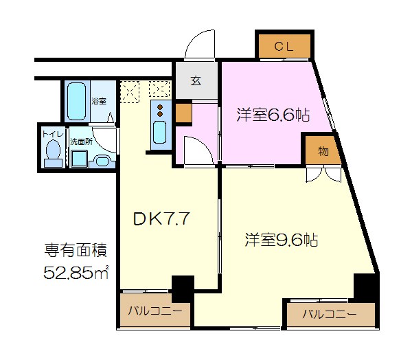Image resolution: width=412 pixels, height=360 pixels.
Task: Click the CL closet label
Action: [x=284, y=47]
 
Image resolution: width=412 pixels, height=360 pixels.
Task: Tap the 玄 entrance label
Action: [x=195, y=81]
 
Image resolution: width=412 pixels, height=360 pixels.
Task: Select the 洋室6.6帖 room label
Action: [x=273, y=115]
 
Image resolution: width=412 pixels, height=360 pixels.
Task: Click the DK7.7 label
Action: [x=161, y=219]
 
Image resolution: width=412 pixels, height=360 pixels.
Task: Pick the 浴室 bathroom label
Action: [x=99, y=101]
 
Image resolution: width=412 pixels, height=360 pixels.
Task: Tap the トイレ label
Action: [x=51, y=135]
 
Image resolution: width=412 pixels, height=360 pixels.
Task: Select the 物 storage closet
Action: [x=322, y=150]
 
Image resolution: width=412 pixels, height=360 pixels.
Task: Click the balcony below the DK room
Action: [x=154, y=311]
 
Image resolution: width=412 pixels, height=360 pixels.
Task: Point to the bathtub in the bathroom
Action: [x=76, y=101]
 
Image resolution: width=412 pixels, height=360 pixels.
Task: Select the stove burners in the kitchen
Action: [x=159, y=110]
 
